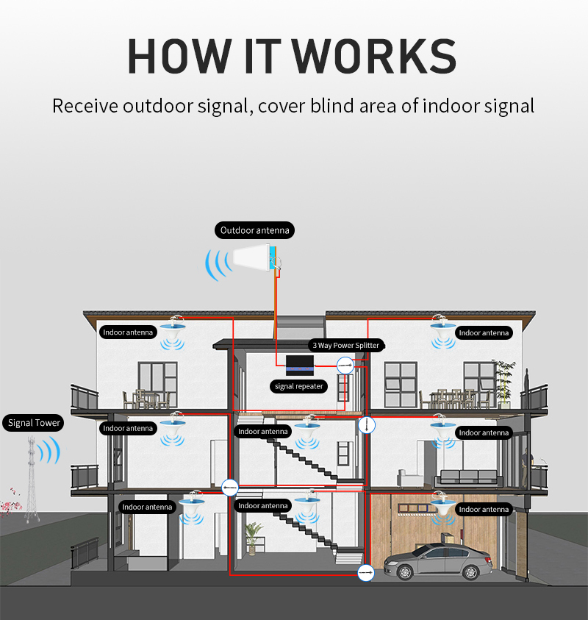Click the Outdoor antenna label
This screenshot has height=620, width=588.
point(254,230)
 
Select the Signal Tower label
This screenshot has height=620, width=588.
point(34,423)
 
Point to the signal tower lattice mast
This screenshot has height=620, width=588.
point(32,479)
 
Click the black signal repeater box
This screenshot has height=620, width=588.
point(300,366)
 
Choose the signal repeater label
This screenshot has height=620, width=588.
point(298,386)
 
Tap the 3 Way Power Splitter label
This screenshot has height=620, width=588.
point(345,345)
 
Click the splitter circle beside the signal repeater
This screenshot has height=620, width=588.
point(345,366)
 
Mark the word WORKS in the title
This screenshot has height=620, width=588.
point(375,56)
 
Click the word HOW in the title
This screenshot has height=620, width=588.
point(179,56)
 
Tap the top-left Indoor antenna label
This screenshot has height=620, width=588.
point(128,332)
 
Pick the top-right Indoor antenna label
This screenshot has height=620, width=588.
point(484,333)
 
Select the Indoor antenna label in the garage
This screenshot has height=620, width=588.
point(484,509)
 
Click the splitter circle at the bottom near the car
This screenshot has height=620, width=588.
point(365,572)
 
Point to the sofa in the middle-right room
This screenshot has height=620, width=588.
point(469,478)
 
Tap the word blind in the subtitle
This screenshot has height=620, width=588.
point(332,106)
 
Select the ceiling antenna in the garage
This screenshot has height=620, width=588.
point(442,504)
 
